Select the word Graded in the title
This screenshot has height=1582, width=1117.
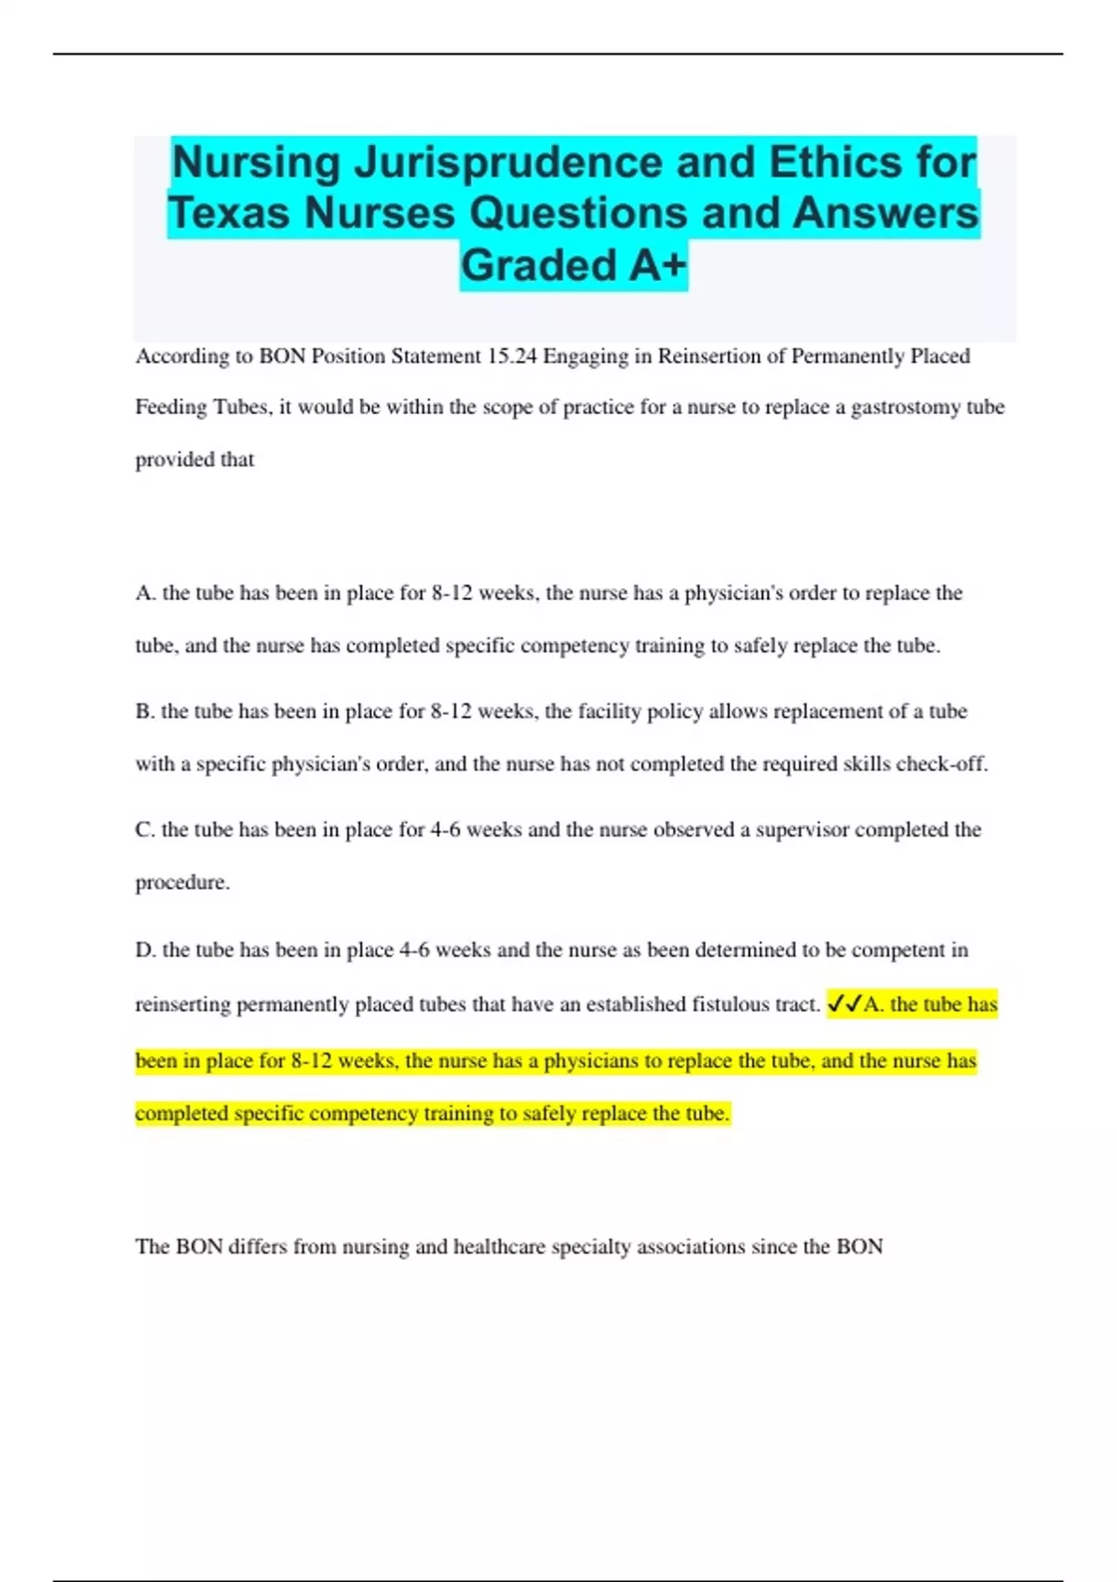pyautogui.click(x=539, y=265)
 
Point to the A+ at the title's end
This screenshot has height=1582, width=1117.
pyautogui.click(x=657, y=265)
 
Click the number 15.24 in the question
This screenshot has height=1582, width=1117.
pyautogui.click(x=511, y=356)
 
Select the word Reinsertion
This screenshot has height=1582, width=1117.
pyautogui.click(x=698, y=356)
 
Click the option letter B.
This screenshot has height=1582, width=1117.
pyautogui.click(x=143, y=712)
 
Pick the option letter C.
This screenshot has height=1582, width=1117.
pyautogui.click(x=143, y=830)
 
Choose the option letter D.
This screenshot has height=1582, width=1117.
pyautogui.click(x=144, y=950)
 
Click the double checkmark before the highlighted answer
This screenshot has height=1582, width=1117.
pyautogui.click(x=844, y=1004)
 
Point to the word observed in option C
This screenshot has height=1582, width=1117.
pyautogui.click(x=693, y=830)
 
